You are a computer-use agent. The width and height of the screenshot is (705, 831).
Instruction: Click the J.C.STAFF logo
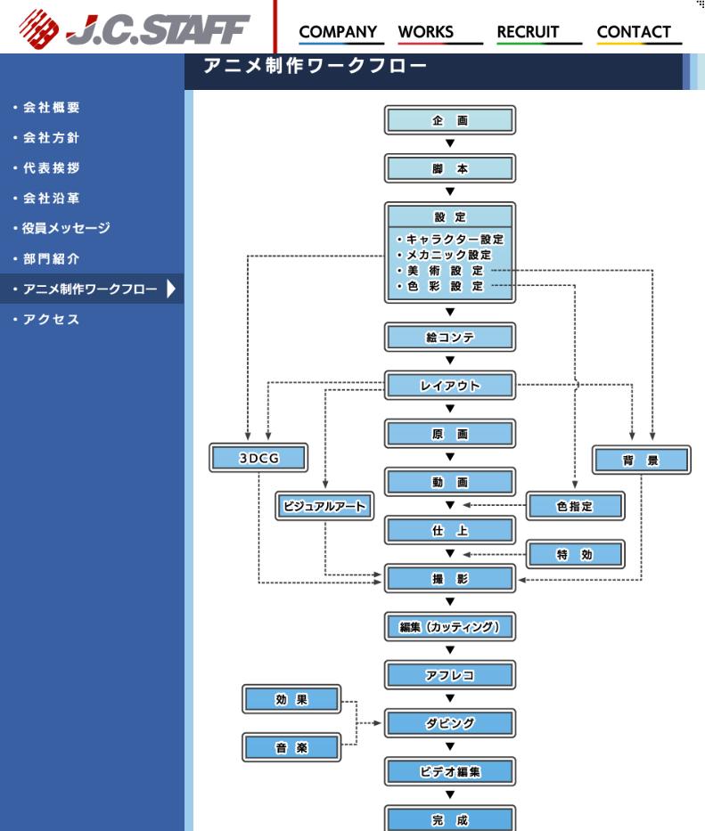[134, 29]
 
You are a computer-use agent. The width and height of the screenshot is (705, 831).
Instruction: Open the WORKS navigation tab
[425, 32]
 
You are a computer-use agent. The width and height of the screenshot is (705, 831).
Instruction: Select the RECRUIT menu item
[528, 32]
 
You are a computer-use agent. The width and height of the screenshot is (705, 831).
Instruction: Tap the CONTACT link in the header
[634, 32]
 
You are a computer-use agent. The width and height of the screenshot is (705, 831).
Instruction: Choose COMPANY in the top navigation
[338, 32]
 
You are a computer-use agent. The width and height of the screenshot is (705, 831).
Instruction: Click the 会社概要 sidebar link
[51, 108]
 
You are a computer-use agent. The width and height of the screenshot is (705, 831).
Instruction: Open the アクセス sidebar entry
[51, 320]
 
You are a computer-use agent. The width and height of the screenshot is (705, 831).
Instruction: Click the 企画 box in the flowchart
[450, 120]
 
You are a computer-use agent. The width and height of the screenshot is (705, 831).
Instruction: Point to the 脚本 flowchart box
[450, 168]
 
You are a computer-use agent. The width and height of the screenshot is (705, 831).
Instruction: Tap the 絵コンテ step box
[450, 338]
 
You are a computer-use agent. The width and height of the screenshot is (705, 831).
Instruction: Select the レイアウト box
[450, 386]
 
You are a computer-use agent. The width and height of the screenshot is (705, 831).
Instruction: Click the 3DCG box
[258, 459]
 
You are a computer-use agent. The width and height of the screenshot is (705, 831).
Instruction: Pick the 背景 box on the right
[641, 460]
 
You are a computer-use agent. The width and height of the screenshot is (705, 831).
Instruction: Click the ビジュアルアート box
[324, 506]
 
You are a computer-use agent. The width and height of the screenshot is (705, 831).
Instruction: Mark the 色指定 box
[575, 506]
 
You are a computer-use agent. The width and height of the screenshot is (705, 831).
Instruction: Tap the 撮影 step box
[450, 578]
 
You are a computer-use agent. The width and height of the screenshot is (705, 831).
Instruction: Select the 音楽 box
[291, 747]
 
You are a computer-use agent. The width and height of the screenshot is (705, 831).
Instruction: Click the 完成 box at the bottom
[450, 819]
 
